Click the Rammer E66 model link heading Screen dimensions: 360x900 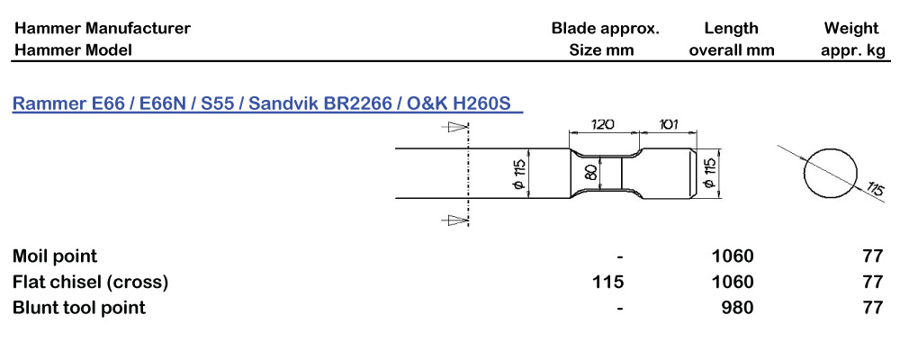coord(266,104)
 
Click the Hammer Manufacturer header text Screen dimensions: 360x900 coord(102,28)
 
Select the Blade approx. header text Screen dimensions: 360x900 coord(605,28)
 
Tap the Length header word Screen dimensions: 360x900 coord(731,28)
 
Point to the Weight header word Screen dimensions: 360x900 coord(850,28)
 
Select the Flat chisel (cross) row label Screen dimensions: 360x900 coord(90,282)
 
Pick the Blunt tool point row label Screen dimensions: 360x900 coord(79,308)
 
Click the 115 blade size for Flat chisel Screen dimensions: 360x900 coord(608,282)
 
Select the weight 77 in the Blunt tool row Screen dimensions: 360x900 coord(872,308)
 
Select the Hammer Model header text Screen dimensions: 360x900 coord(72,50)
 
